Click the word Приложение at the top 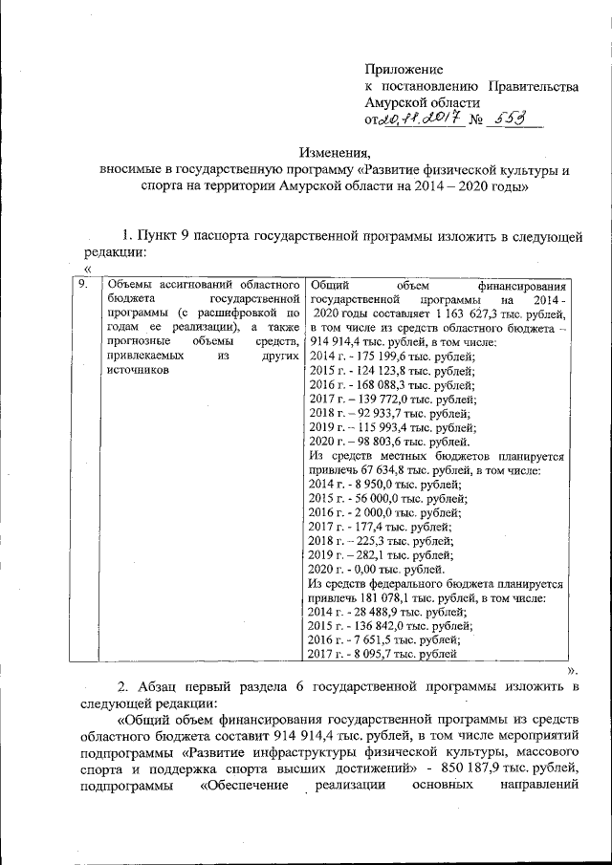click(x=404, y=70)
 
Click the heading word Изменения click(x=336, y=155)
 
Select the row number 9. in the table click(x=84, y=284)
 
